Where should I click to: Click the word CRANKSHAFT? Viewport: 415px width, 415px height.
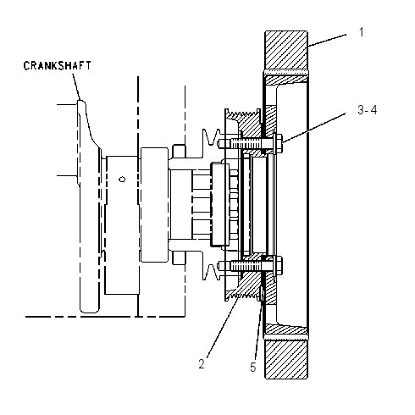(58, 65)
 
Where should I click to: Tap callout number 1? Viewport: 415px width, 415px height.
(362, 32)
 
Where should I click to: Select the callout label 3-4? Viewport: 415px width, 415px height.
(367, 110)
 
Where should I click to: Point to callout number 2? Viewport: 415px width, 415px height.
(202, 364)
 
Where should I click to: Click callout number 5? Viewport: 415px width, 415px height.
(253, 368)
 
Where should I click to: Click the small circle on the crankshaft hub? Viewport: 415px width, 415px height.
(122, 180)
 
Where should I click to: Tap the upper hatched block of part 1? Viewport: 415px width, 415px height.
(286, 50)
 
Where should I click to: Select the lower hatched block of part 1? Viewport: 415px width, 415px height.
(286, 359)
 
